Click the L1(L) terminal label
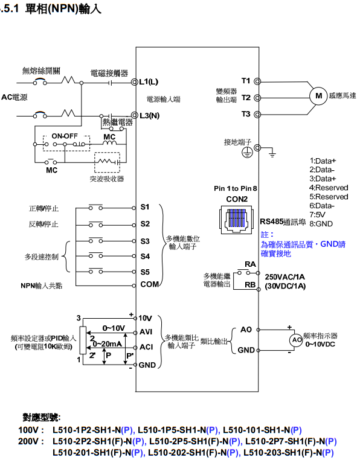click(x=149, y=81)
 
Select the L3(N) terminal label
click(x=149, y=115)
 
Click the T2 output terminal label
click(x=246, y=97)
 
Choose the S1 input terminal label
click(x=145, y=207)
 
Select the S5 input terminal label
click(x=145, y=271)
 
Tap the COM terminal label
click(x=149, y=284)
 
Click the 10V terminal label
click(x=145, y=318)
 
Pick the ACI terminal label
click(x=146, y=346)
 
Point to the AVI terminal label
click(x=146, y=331)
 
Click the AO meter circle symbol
click(x=297, y=340)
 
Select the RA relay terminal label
click(x=249, y=264)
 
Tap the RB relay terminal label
click(x=249, y=284)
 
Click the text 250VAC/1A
click(x=286, y=276)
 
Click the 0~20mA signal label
click(x=108, y=343)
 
